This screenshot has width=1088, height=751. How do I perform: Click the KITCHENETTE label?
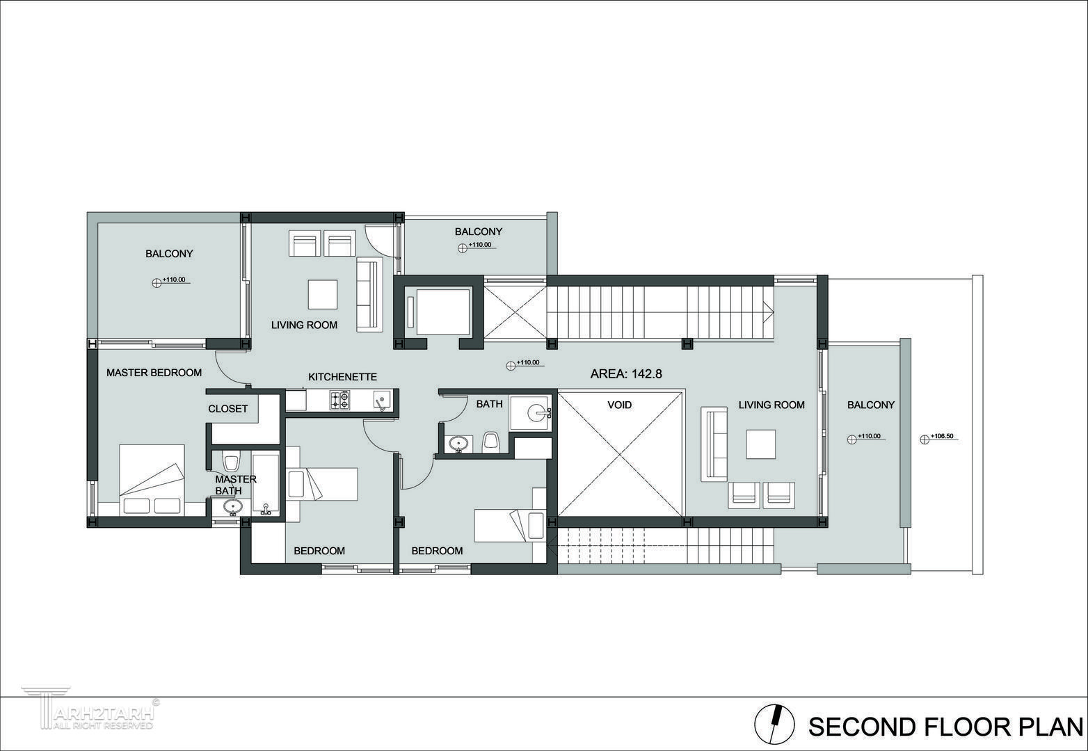[342, 377]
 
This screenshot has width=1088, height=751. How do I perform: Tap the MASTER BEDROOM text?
[154, 373]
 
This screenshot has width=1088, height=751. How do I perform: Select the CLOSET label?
[227, 409]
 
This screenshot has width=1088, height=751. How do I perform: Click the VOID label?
[620, 405]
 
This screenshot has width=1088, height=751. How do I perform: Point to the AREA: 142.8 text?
[626, 374]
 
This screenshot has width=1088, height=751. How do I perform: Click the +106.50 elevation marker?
[939, 438]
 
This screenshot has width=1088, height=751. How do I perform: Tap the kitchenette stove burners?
[339, 400]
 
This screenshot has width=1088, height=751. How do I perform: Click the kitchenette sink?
[381, 400]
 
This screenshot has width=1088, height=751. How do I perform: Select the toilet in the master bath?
[231, 461]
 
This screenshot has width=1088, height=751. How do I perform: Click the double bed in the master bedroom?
[152, 480]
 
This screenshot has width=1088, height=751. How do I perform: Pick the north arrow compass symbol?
[775, 723]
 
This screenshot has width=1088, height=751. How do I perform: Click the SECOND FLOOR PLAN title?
[945, 727]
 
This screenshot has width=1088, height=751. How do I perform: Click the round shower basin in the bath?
[537, 414]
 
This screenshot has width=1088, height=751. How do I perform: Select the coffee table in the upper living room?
[323, 294]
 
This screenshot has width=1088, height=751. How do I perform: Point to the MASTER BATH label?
[236, 485]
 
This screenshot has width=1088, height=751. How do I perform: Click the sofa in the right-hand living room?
[714, 444]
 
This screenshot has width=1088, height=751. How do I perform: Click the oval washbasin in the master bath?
[233, 507]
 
